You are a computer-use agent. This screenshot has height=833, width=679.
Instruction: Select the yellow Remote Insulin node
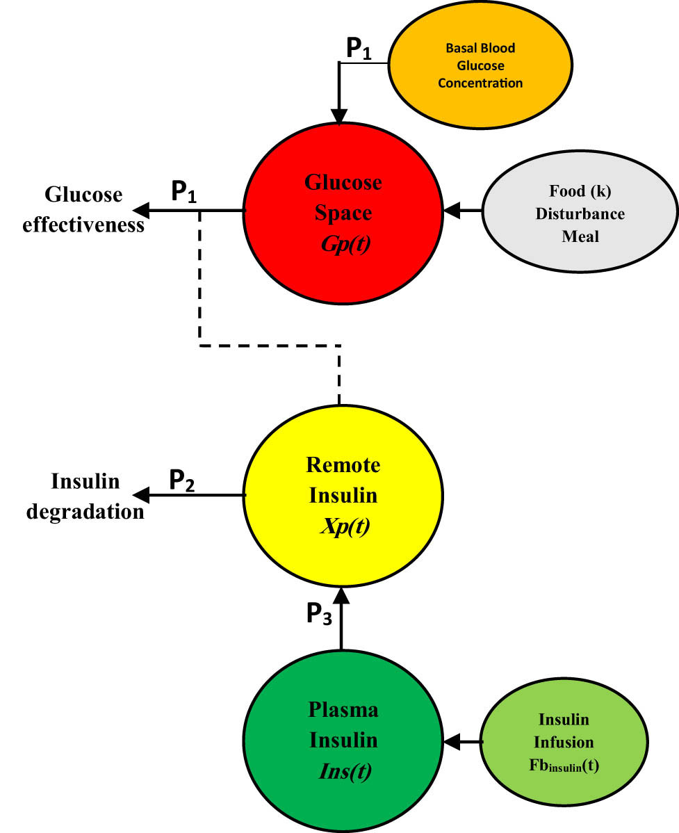[x=343, y=494]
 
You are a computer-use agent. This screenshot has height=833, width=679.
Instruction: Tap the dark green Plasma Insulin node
[x=343, y=741]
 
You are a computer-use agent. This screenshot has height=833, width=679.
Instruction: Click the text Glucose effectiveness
[x=83, y=209]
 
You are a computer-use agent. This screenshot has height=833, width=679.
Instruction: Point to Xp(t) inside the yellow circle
[x=343, y=526]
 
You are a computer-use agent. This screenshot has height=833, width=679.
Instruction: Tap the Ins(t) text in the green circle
[x=343, y=771]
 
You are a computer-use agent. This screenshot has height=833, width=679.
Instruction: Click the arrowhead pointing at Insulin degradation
[x=141, y=494]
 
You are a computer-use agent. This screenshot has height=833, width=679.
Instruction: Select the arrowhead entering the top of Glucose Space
[x=339, y=117]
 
